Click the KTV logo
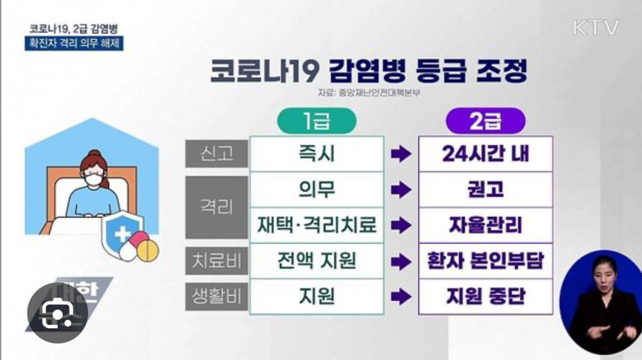click(596, 27)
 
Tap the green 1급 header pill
click(317, 120)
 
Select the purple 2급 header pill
click(485, 120)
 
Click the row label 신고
click(216, 154)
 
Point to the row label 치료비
click(216, 260)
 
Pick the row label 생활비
click(216, 297)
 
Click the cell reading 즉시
click(317, 154)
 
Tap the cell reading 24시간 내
click(485, 154)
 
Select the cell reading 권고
click(485, 190)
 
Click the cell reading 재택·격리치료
click(317, 225)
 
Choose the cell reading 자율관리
click(485, 225)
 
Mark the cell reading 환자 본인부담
click(485, 261)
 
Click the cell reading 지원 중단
click(485, 297)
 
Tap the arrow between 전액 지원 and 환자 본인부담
click(401, 262)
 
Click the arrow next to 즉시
click(401, 154)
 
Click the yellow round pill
click(147, 250)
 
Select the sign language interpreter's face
click(604, 274)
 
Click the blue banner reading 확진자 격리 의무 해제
click(74, 43)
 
